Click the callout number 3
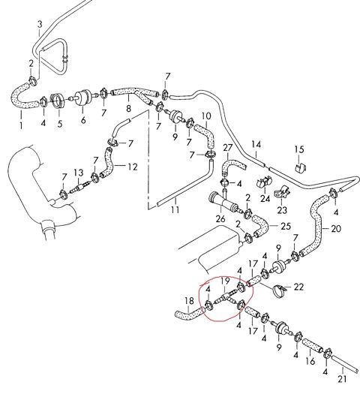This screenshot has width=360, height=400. point(40,25)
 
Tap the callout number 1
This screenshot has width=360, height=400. point(21,125)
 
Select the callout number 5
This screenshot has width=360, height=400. point(60,124)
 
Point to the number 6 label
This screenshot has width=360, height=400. point(83,119)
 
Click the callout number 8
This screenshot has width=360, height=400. point(128,108)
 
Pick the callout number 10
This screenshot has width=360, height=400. point(206,116)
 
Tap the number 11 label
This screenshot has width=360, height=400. point(175,209)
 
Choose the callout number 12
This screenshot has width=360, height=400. point(133,167)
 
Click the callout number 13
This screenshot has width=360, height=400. point(79,173)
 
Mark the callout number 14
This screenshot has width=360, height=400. point(256,144)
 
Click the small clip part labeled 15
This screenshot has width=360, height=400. point(301,167)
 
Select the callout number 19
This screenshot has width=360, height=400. point(226,281)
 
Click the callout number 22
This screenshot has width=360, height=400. point(298,287)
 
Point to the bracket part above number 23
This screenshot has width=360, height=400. point(282,193)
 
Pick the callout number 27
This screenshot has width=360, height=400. point(228,148)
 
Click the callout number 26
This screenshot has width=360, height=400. point(220,218)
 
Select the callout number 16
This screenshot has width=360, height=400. point(310,361)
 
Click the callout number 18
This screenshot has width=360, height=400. point(189,301)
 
